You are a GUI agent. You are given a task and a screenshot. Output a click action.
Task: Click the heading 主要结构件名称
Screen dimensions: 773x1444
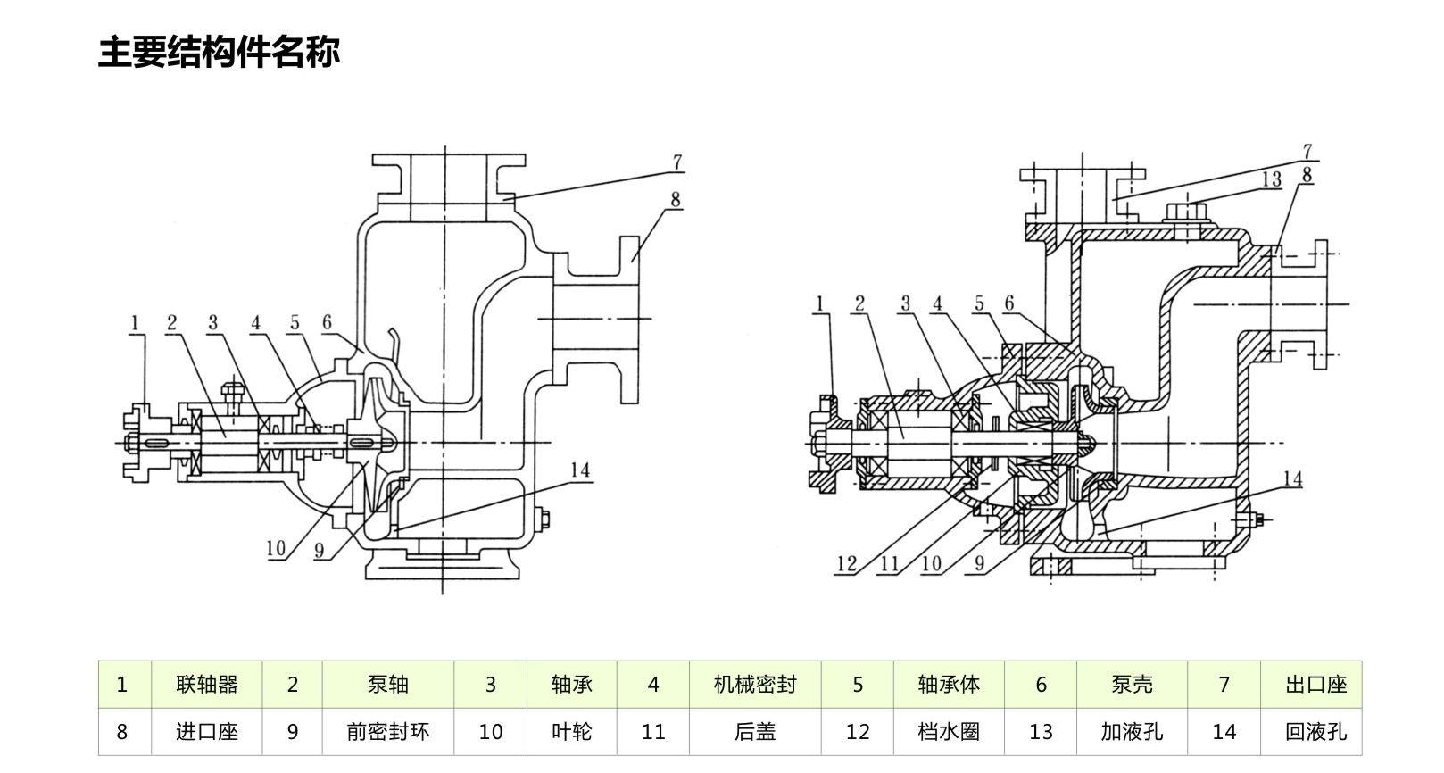click(x=219, y=52)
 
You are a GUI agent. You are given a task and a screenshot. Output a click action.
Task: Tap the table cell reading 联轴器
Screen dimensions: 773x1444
click(x=207, y=685)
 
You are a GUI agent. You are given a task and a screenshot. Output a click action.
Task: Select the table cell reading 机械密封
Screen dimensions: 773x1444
click(x=754, y=685)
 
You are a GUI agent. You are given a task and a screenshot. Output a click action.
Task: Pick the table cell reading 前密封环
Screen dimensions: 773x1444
click(x=387, y=732)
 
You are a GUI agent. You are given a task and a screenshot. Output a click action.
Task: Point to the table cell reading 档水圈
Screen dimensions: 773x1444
click(x=948, y=732)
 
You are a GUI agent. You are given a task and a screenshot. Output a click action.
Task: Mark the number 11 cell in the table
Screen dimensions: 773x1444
click(x=653, y=732)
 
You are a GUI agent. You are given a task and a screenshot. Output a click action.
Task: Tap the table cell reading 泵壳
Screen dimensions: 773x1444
click(x=1132, y=685)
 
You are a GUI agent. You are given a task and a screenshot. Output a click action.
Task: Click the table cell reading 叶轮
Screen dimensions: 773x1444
click(x=571, y=732)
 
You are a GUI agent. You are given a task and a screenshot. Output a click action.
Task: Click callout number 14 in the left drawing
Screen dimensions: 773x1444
click(x=580, y=470)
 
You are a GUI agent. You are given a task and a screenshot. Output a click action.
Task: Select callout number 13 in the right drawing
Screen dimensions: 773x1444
click(x=1271, y=179)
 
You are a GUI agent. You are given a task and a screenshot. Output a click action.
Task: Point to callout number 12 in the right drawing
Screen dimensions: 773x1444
click(x=846, y=563)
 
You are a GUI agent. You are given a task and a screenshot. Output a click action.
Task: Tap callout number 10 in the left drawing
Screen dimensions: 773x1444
click(x=277, y=547)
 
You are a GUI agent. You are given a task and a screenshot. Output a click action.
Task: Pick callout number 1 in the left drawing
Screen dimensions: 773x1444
click(x=135, y=321)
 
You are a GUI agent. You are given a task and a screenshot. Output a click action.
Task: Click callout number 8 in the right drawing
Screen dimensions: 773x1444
click(x=1307, y=175)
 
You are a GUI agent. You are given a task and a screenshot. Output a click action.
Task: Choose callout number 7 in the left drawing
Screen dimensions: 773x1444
click(x=677, y=162)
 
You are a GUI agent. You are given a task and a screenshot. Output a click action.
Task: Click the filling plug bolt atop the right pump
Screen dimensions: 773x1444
click(x=1185, y=215)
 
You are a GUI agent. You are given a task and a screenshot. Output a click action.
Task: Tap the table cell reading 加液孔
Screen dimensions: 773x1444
click(x=1132, y=732)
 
